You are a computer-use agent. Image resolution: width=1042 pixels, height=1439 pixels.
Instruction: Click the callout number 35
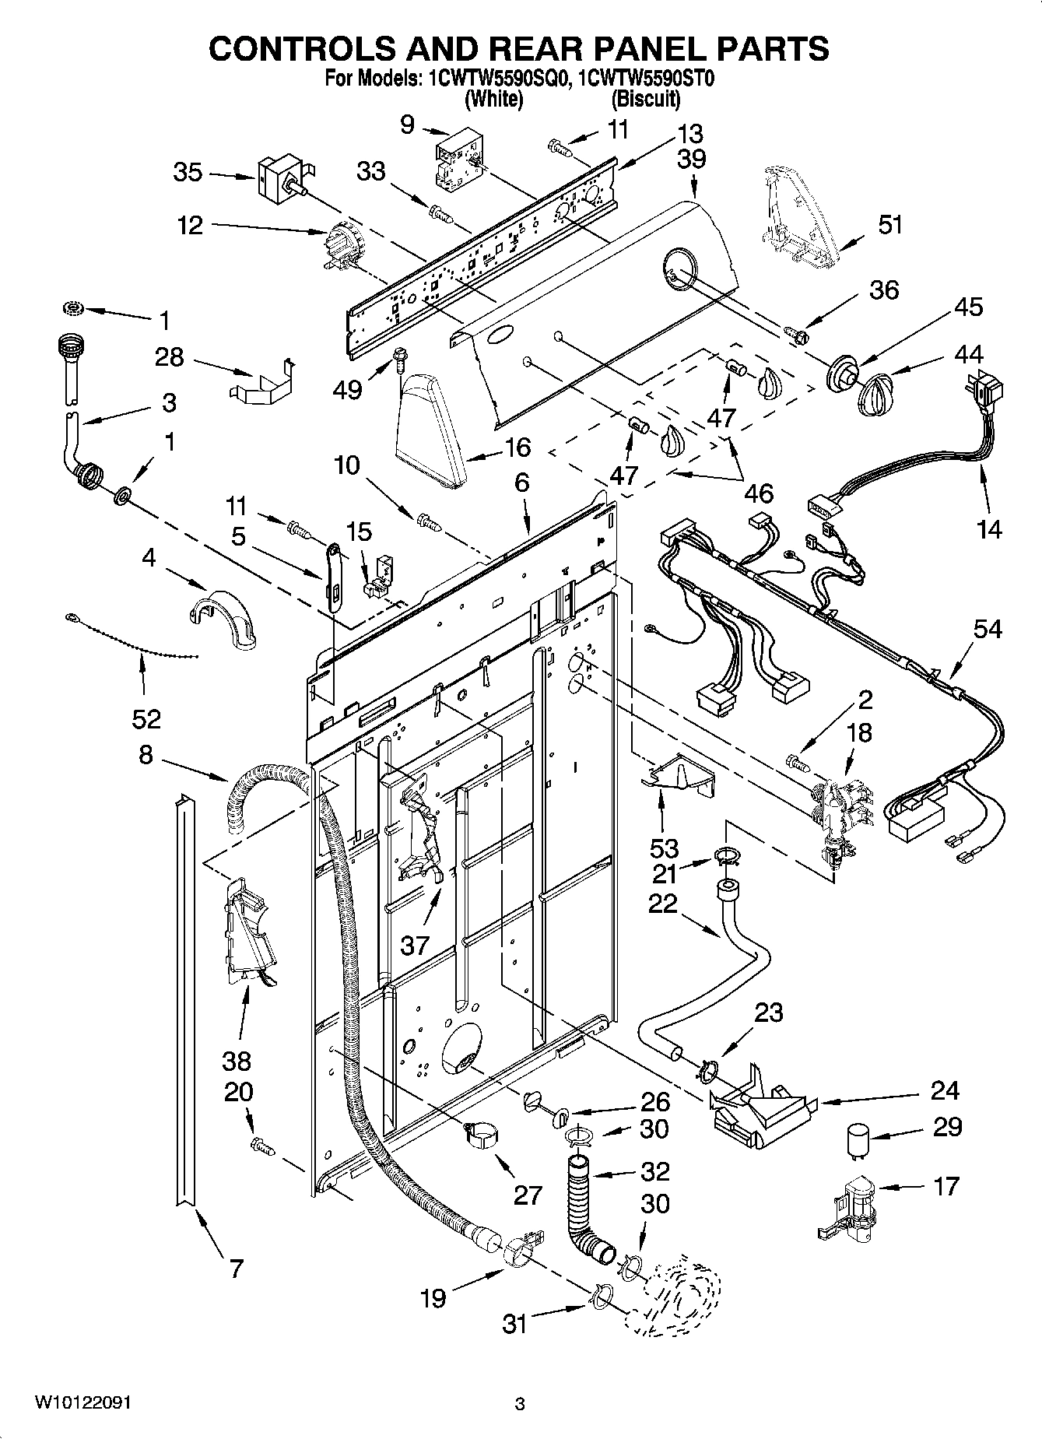click(x=188, y=172)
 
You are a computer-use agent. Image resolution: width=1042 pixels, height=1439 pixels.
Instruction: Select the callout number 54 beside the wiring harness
click(x=988, y=628)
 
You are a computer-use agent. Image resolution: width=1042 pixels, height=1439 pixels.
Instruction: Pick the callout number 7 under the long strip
click(x=237, y=1268)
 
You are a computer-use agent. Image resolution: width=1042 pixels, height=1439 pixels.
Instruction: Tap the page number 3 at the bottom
click(x=520, y=1405)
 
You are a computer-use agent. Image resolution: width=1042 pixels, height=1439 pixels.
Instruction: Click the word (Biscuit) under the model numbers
click(x=645, y=99)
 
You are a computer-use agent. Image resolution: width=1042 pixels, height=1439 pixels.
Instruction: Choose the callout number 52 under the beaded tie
click(x=146, y=718)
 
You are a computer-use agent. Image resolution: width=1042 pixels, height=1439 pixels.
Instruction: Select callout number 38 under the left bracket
click(x=237, y=1060)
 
